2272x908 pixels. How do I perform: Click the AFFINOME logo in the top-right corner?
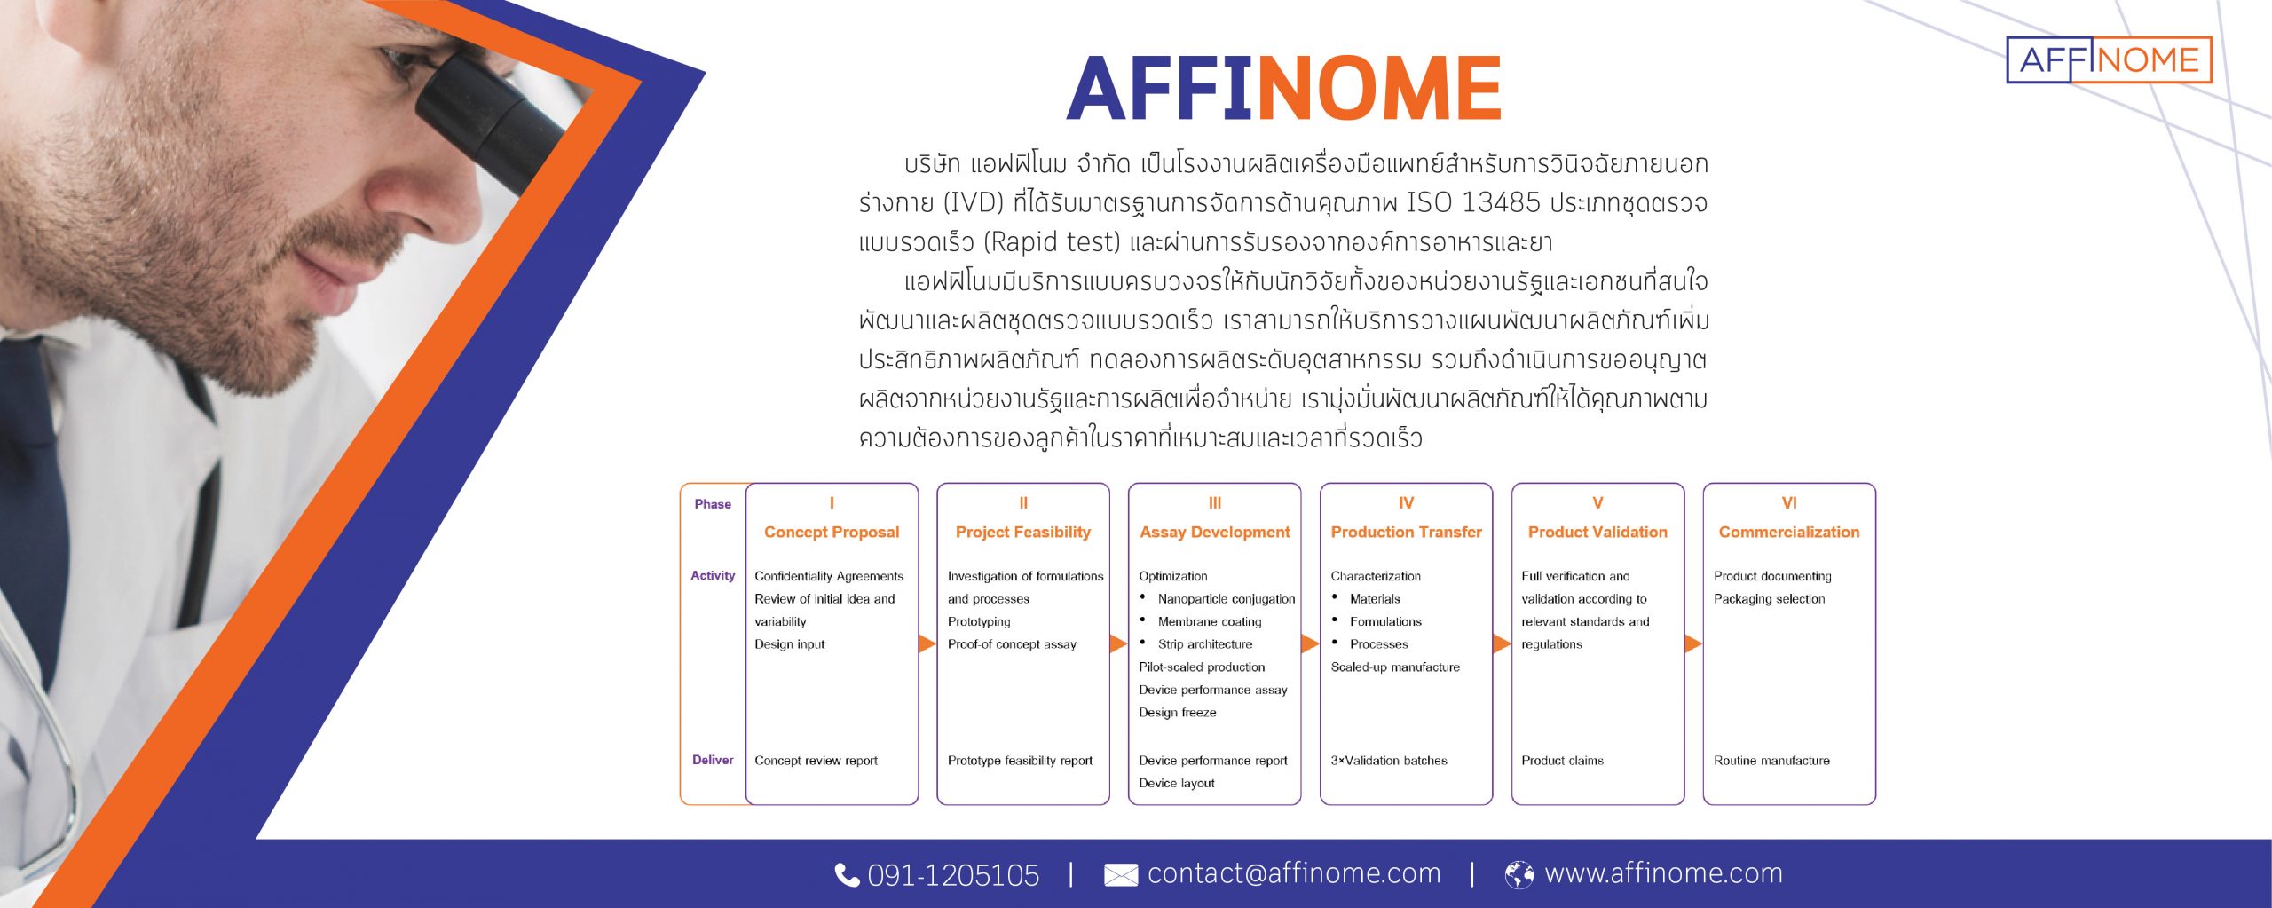[2109, 59]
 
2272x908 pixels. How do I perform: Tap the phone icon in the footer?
[847, 875]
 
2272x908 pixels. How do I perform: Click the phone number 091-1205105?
[953, 875]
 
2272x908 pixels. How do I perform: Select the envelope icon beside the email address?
[1121, 875]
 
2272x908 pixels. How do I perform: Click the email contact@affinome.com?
[1294, 873]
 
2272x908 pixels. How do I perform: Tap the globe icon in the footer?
[1519, 875]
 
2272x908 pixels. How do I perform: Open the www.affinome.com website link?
[1663, 873]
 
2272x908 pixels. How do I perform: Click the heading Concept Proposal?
[832, 533]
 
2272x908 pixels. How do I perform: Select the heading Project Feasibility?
[1023, 533]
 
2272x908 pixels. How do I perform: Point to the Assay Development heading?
[1215, 533]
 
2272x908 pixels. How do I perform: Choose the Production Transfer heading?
[1407, 533]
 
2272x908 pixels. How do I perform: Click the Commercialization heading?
[1789, 533]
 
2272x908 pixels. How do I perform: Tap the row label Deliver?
[713, 760]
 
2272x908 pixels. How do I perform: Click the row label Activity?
[713, 575]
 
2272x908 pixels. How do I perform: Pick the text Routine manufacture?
[1771, 761]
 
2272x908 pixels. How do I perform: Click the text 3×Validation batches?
[1389, 761]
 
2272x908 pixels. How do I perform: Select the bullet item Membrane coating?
[1210, 621]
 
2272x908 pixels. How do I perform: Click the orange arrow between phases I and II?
[927, 643]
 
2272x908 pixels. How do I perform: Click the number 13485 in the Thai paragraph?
[1500, 203]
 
